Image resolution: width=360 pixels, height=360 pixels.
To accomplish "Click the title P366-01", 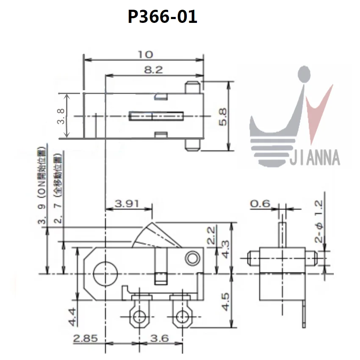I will click(163, 17).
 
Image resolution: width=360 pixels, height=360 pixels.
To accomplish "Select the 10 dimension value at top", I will click(144, 55).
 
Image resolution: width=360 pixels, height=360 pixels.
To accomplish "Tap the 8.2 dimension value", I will click(153, 70).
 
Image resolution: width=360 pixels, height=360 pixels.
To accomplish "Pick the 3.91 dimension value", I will click(127, 203).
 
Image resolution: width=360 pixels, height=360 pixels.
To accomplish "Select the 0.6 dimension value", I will click(260, 204).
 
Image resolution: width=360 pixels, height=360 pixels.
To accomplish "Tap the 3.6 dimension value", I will click(159, 338).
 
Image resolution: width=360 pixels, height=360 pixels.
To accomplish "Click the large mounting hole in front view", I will click(105, 273).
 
